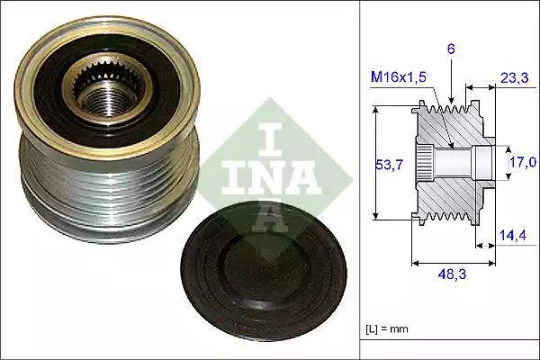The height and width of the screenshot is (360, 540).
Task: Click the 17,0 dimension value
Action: tap(523, 163)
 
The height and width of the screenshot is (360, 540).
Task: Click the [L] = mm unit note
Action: tap(387, 328)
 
